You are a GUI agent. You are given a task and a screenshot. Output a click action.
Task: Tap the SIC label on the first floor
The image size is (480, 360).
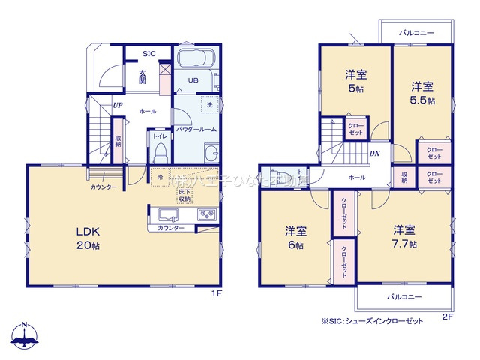tap(148, 54)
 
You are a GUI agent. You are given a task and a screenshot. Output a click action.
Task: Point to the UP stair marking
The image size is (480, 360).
tap(118, 106)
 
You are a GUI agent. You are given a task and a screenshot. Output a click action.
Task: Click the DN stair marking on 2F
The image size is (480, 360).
tap(373, 153)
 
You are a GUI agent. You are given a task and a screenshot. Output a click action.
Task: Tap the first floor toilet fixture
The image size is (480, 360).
tap(159, 154)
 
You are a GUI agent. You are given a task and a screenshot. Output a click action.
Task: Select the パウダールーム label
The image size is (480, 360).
tap(196, 129)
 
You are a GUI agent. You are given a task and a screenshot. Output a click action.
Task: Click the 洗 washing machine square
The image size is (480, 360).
tap(210, 105)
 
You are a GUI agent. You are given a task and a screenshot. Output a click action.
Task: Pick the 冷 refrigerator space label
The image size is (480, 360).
tap(160, 177)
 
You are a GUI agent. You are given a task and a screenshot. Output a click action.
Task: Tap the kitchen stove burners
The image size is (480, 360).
tap(207, 215)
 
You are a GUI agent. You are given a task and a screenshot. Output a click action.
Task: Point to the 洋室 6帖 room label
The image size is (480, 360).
tap(294, 237)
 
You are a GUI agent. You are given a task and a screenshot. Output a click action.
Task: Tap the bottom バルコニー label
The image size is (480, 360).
tap(404, 297)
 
